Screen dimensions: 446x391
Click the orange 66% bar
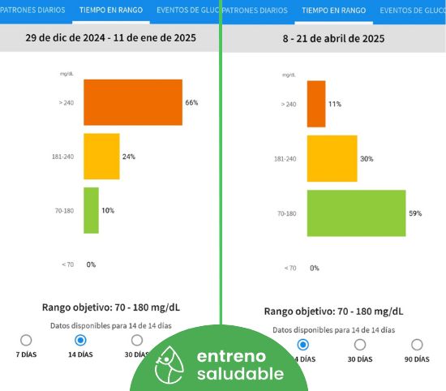(x=133, y=102)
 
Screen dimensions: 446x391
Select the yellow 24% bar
(x=101, y=157)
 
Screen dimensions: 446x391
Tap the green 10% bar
(x=91, y=210)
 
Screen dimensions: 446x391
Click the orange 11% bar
(x=316, y=104)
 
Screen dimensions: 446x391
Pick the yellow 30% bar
(x=332, y=158)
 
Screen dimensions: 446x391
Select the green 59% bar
(x=357, y=213)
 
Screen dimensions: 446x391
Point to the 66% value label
(x=191, y=102)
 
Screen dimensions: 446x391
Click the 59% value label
(x=415, y=213)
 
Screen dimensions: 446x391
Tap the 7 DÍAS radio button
(x=26, y=340)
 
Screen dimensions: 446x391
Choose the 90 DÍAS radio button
(x=417, y=345)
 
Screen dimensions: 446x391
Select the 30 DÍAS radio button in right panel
(x=360, y=345)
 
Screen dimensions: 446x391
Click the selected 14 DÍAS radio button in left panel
(x=80, y=340)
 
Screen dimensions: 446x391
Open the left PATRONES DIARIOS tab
(x=32, y=11)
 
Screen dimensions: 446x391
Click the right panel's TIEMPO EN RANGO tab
(x=333, y=11)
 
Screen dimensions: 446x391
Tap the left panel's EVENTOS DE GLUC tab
(x=188, y=11)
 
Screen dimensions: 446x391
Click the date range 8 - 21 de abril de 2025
(x=333, y=38)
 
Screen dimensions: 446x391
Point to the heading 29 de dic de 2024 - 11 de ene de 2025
(x=110, y=38)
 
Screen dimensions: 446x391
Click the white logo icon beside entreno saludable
(x=169, y=365)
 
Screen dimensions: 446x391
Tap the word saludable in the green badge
(x=240, y=374)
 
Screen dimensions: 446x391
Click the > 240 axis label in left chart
(x=66, y=103)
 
